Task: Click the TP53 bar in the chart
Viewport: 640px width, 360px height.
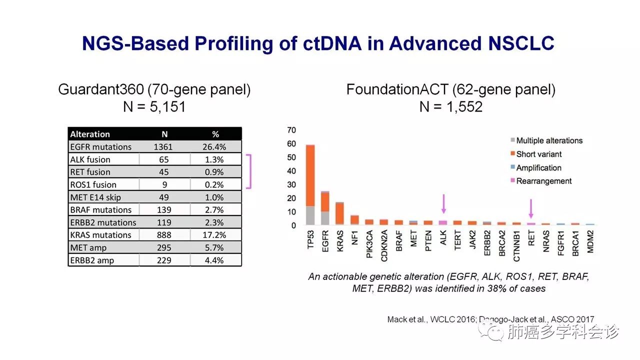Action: click(310, 185)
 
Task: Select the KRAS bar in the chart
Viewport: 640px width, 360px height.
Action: click(339, 213)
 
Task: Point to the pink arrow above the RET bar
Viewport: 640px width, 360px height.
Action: click(531, 207)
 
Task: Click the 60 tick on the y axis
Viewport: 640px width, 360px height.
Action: click(291, 144)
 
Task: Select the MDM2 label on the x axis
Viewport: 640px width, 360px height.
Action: click(590, 241)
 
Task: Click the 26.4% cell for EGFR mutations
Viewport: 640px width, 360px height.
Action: click(215, 147)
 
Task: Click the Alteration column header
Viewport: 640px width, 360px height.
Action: click(90, 134)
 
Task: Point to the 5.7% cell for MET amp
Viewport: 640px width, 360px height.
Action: click(215, 247)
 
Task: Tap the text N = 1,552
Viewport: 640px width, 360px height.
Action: click(451, 106)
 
